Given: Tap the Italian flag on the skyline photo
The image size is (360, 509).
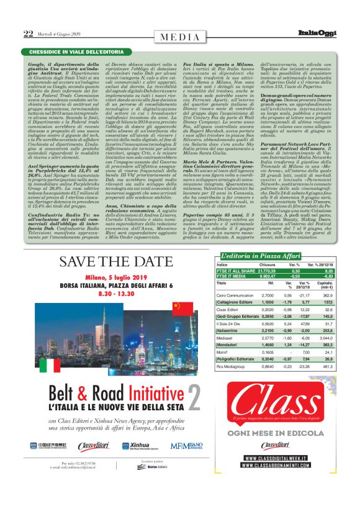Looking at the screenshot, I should point(50,365).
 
